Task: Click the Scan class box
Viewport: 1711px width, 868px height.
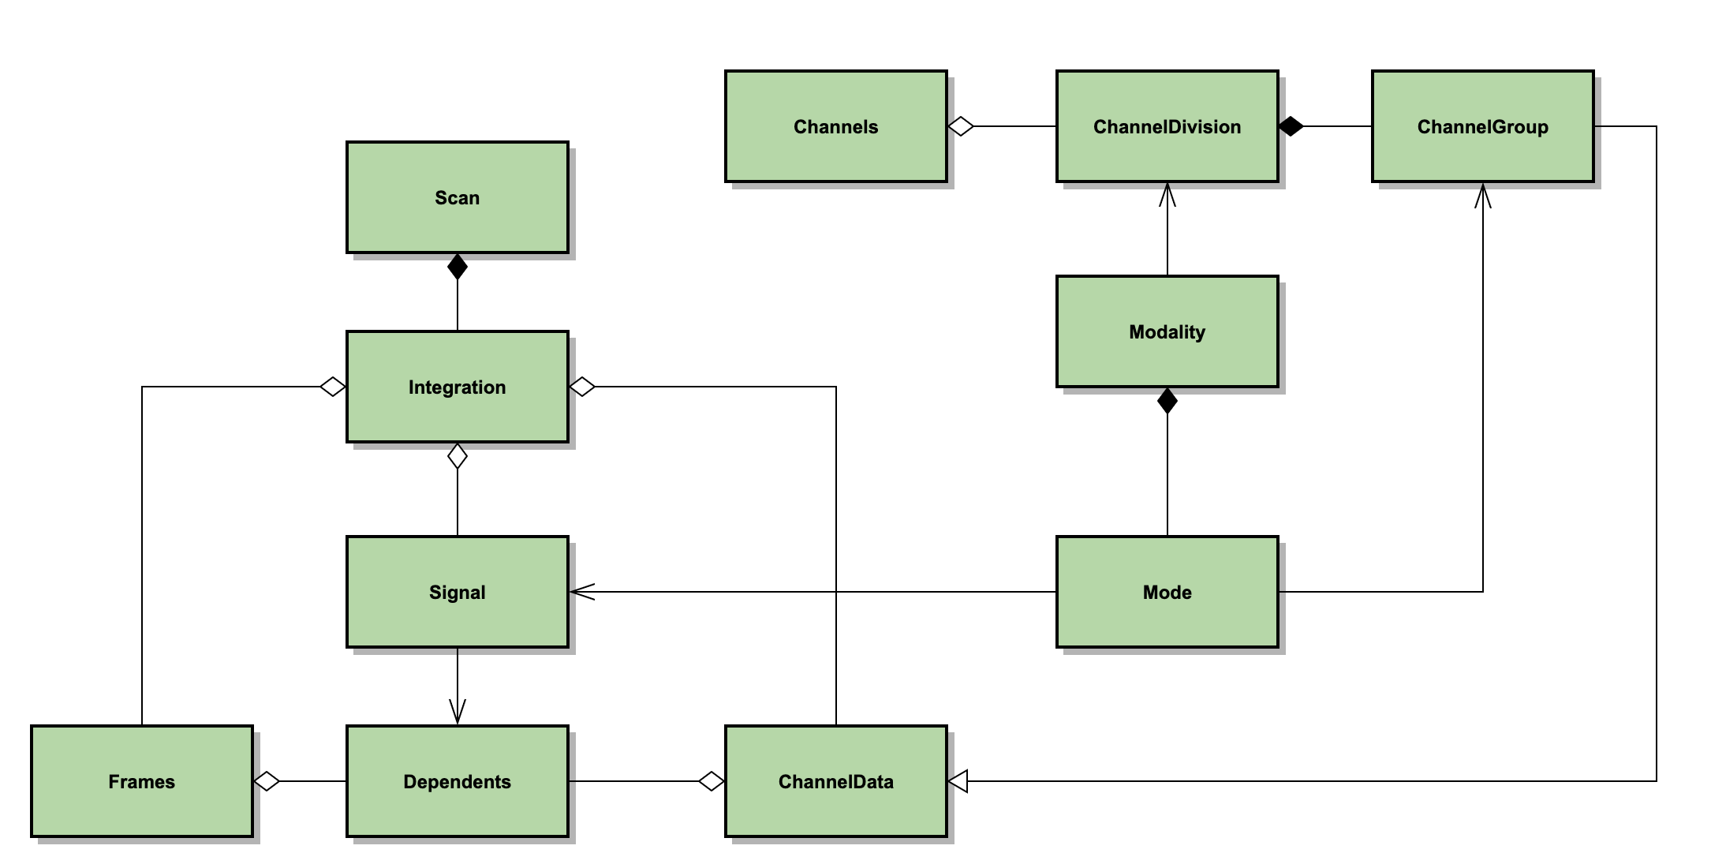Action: click(x=457, y=197)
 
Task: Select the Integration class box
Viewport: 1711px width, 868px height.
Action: click(x=457, y=387)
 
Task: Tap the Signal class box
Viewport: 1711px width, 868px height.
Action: click(x=457, y=592)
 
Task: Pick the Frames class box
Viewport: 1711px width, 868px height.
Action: click(x=142, y=781)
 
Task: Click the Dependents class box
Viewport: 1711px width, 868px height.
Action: click(x=457, y=781)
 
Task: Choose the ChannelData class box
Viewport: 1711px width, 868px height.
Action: click(x=835, y=781)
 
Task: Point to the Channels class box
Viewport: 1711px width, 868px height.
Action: click(x=835, y=126)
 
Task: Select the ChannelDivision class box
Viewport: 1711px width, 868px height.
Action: click(x=1167, y=126)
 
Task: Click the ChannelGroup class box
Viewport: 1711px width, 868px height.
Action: click(x=1482, y=126)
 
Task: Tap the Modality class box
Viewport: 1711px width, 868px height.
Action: click(x=1167, y=331)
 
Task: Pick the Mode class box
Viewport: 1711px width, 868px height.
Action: click(x=1167, y=592)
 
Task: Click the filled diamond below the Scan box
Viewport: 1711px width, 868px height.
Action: click(x=458, y=267)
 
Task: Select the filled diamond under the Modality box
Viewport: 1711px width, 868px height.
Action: click(x=1167, y=401)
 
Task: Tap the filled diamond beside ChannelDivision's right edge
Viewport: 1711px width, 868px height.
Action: click(x=1291, y=126)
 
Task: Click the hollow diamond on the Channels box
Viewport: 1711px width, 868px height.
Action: click(x=960, y=126)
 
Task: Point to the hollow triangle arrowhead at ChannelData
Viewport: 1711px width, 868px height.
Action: click(x=957, y=781)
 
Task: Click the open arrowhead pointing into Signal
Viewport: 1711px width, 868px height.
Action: click(x=581, y=592)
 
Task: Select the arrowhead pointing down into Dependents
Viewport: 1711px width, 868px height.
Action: click(x=458, y=713)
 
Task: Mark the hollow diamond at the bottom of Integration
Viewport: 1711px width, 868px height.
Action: click(x=458, y=456)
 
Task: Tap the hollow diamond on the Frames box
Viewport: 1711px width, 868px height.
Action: click(x=267, y=781)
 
